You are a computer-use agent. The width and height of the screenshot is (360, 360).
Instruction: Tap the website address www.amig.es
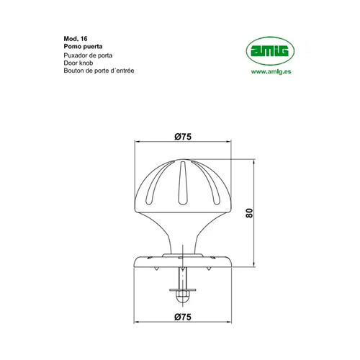[x=271, y=71]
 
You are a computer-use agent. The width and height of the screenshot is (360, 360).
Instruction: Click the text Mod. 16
[x=76, y=39]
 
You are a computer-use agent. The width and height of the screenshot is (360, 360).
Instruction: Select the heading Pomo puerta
[x=83, y=46]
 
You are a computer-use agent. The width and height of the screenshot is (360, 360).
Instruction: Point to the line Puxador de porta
[x=88, y=55]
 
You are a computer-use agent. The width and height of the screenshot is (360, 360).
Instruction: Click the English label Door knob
[x=78, y=63]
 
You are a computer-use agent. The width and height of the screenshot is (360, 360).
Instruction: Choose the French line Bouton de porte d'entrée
[x=99, y=71]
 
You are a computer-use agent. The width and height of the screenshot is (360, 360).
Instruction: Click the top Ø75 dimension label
[x=183, y=137]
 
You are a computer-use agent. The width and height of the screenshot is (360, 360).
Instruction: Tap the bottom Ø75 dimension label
[x=183, y=317]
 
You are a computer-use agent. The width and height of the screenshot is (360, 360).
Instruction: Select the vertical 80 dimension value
[x=249, y=213]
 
